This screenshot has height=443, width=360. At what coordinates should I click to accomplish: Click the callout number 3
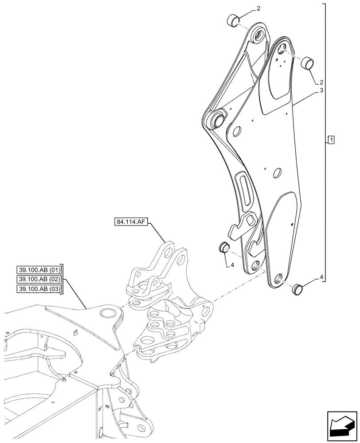[x=320, y=91]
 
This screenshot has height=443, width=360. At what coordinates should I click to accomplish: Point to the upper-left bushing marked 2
[x=234, y=20]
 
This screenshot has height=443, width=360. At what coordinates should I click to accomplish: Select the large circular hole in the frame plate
[x=107, y=314]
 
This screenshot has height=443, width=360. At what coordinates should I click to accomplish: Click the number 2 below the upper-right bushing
[x=321, y=82]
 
